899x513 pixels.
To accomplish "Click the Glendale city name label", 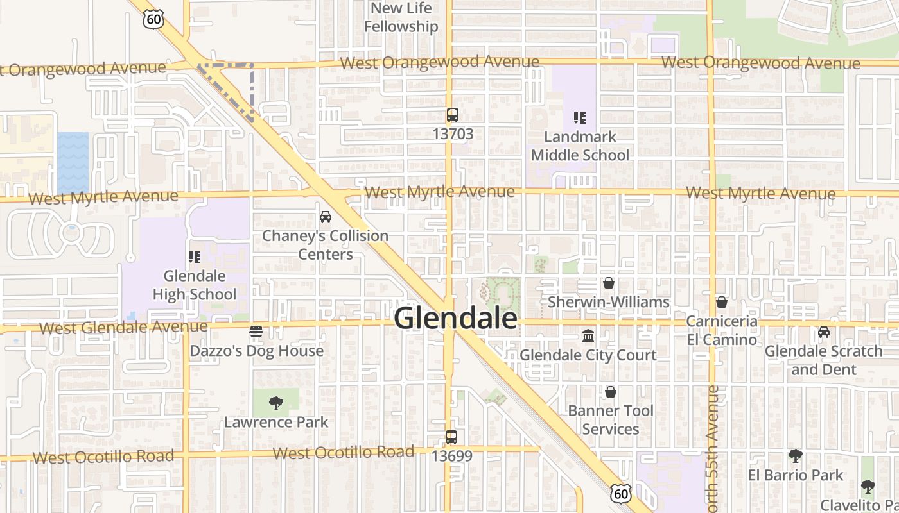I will (455, 318).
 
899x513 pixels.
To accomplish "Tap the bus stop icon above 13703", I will (453, 115).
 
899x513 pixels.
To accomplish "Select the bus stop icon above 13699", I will (451, 438).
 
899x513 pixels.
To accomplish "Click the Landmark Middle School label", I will (580, 146).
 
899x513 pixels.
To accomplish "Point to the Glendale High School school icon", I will (195, 257).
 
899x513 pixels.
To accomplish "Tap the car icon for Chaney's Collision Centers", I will (326, 217).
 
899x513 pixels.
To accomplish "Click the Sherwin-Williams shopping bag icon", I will (609, 283).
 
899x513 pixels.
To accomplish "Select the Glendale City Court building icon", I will (588, 335).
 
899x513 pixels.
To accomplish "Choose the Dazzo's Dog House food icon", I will (256, 332).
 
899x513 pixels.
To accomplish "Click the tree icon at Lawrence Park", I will (276, 403).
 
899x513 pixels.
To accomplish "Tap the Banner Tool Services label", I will (611, 419).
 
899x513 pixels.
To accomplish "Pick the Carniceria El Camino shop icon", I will (722, 302).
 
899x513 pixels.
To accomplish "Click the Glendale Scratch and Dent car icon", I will (824, 332).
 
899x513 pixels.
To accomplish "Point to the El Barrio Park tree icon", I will (796, 456).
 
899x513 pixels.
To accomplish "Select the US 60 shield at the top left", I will (153, 19).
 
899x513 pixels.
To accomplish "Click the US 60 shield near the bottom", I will (620, 493).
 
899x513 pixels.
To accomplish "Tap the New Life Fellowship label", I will (401, 17).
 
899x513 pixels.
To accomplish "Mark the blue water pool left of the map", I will (73, 163).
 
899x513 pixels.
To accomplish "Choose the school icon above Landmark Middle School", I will (580, 118).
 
